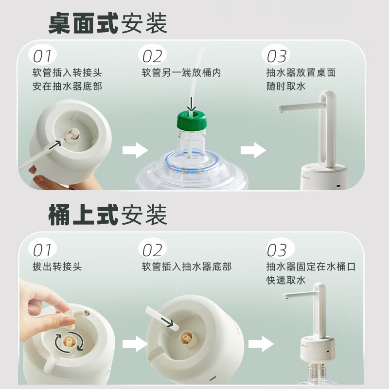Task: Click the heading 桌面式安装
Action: pyautogui.click(x=107, y=23)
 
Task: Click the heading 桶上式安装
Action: pyautogui.click(x=107, y=214)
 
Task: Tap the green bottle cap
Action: pyautogui.click(x=192, y=120)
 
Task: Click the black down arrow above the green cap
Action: pyautogui.click(x=191, y=104)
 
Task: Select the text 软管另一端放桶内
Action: pyautogui.click(x=181, y=72)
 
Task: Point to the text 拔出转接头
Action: pyautogui.click(x=57, y=266)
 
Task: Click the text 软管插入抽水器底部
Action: pyautogui.click(x=187, y=266)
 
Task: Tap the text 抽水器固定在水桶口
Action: pyautogui.click(x=311, y=266)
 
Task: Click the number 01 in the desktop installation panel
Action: pyautogui.click(x=42, y=56)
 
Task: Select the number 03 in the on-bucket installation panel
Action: pyautogui.click(x=277, y=250)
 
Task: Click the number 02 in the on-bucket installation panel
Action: pyautogui.click(x=152, y=250)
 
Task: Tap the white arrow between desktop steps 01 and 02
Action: pyautogui.click(x=135, y=150)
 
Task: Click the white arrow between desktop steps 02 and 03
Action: pyautogui.click(x=253, y=150)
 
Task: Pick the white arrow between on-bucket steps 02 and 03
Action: pyautogui.click(x=261, y=344)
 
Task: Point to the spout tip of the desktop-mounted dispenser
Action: pyautogui.click(x=281, y=112)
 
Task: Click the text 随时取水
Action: pyautogui.click(x=286, y=87)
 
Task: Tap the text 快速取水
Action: pyautogui.click(x=286, y=280)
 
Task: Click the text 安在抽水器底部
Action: pyautogui.click(x=67, y=87)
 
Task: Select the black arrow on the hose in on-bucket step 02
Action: pyautogui.click(x=167, y=322)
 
